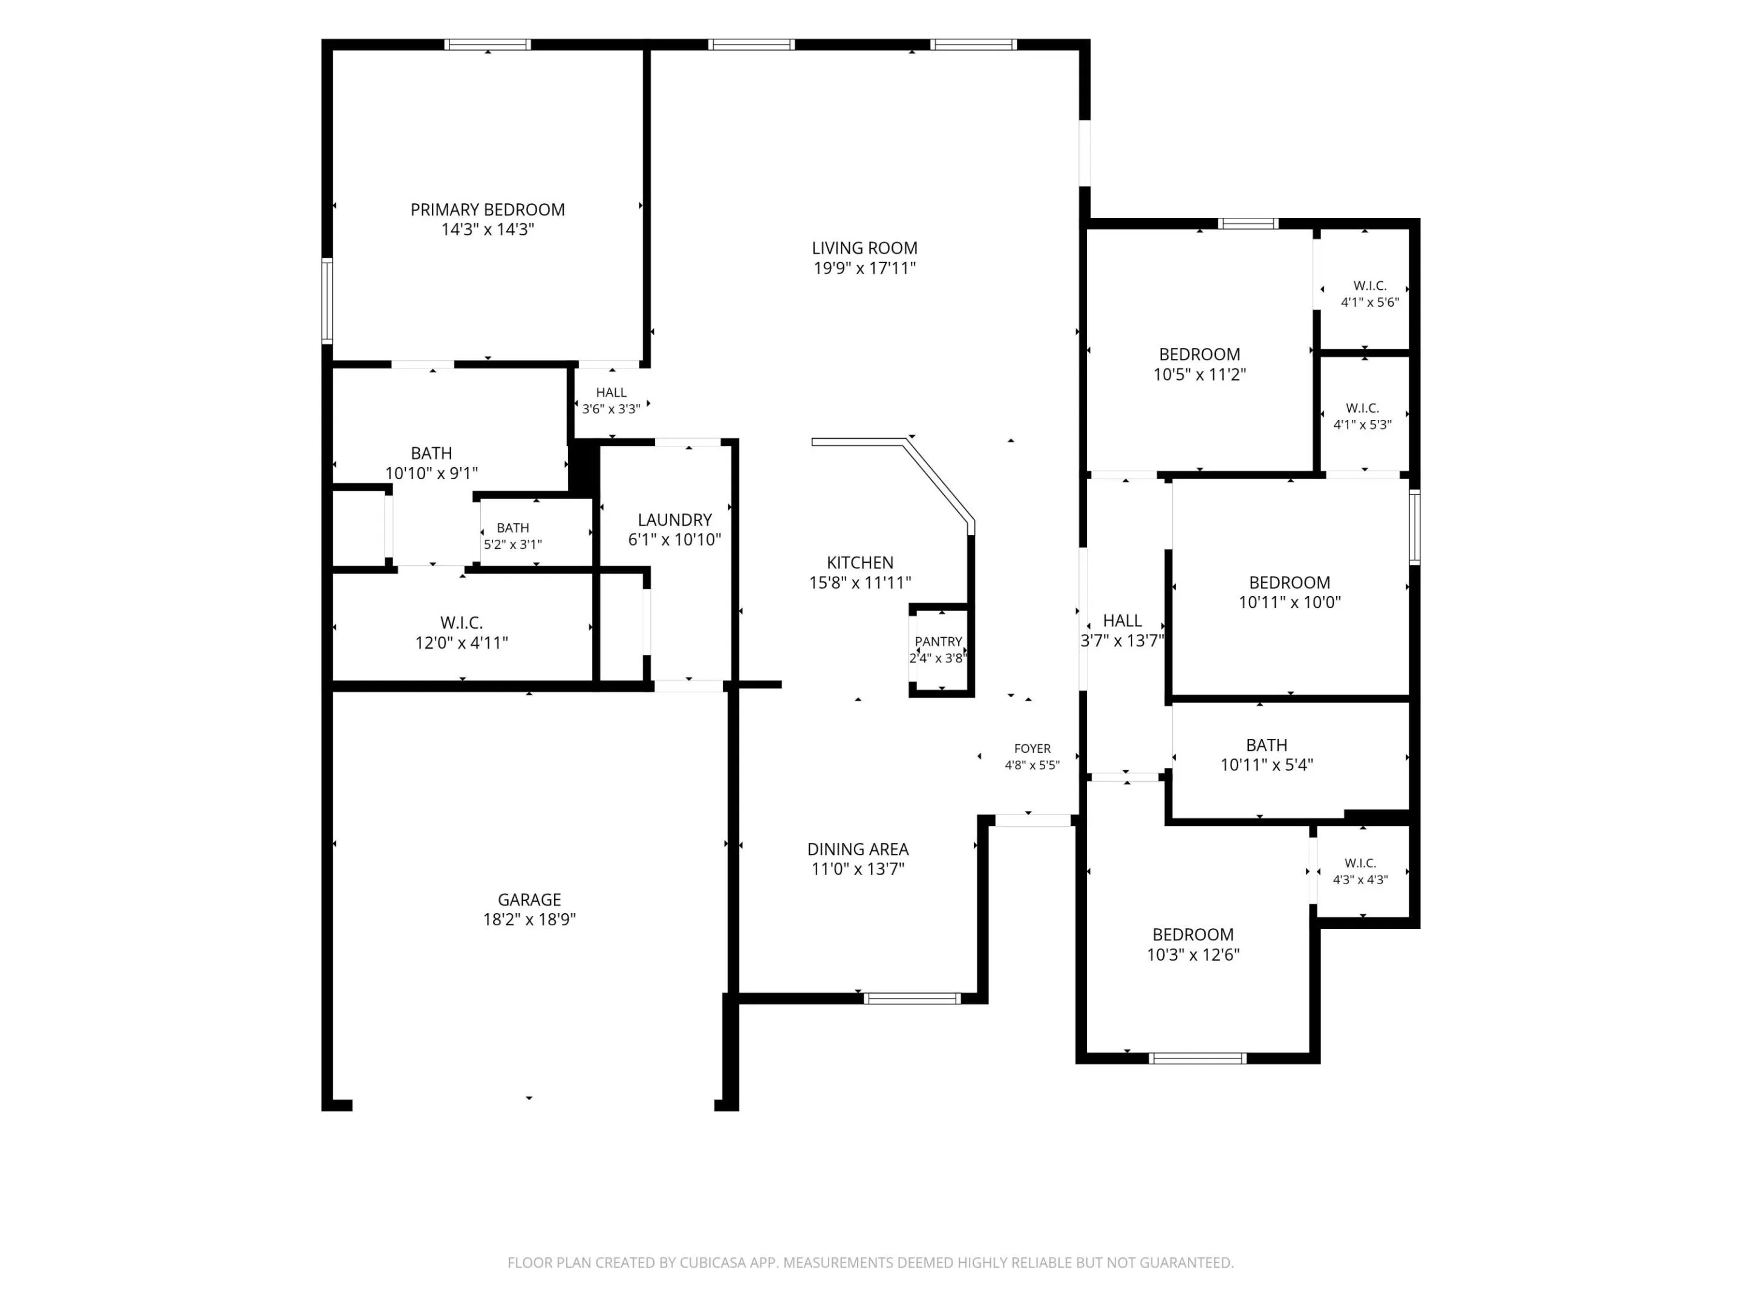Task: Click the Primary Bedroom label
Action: tap(488, 209)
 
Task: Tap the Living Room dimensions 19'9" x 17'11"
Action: tap(865, 268)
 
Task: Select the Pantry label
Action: tap(938, 641)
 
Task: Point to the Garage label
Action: tap(529, 900)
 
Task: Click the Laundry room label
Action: tap(675, 520)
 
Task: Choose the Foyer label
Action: tap(1032, 748)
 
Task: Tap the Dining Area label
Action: tap(858, 850)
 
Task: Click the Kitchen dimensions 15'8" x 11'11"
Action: tap(860, 582)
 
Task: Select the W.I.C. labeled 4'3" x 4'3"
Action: tap(1360, 871)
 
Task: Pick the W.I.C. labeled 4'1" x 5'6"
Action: tap(1370, 294)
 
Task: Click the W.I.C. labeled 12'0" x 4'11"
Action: tap(462, 632)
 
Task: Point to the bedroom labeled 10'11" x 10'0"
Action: tap(1289, 592)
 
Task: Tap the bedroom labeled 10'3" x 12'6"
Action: tap(1193, 945)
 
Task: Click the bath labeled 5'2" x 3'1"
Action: tap(513, 536)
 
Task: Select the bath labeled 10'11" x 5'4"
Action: tap(1267, 755)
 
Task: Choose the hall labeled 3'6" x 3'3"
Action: tap(611, 400)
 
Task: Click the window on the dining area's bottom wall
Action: tap(912, 998)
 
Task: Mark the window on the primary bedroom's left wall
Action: tap(327, 300)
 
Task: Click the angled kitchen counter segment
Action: tap(939, 483)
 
